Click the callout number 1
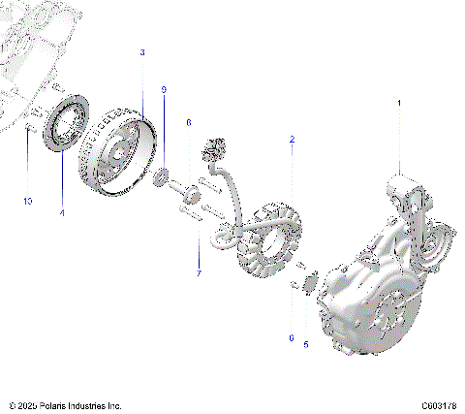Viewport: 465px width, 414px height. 399,101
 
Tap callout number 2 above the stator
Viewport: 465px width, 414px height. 292,140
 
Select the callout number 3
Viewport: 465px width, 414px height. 142,51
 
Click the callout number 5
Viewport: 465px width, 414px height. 306,343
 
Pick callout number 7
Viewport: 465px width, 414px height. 199,274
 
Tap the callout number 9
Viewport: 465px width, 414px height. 164,89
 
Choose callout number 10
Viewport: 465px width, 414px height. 28,201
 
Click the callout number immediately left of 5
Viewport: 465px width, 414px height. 291,337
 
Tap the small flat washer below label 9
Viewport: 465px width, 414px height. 164,176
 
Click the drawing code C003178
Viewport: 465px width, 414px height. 439,404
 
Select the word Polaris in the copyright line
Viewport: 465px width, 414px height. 52,404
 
